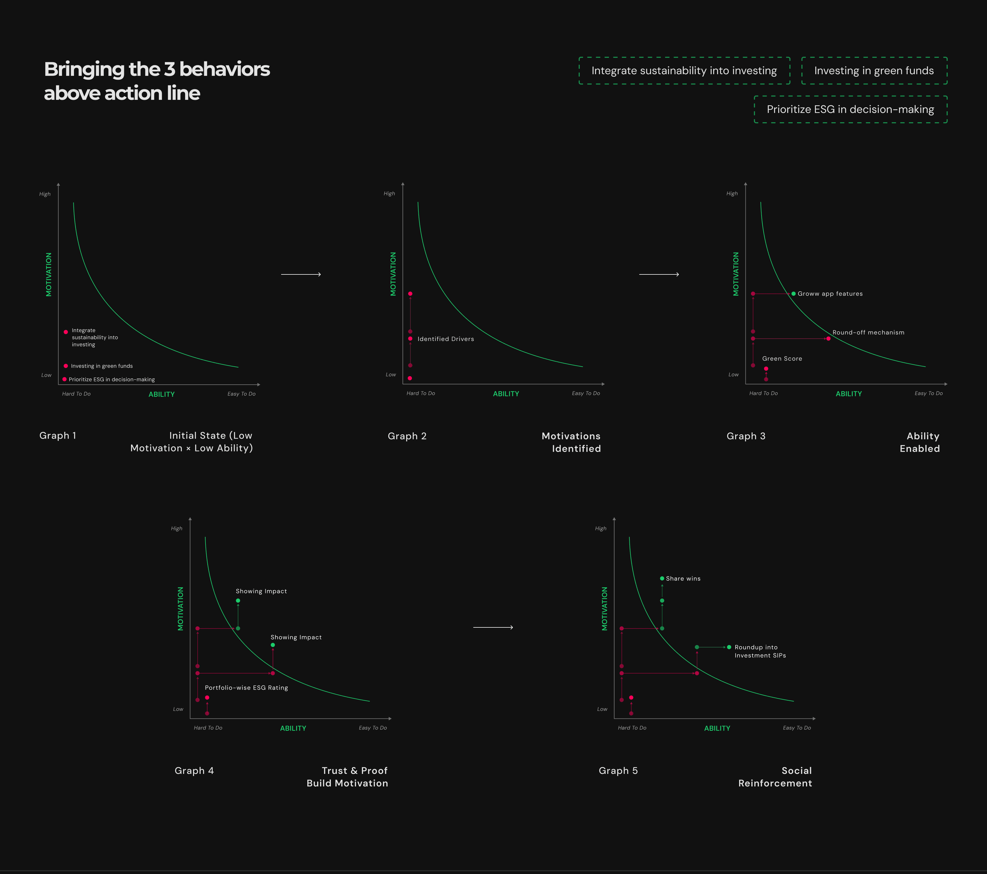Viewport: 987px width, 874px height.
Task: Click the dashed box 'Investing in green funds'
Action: click(874, 71)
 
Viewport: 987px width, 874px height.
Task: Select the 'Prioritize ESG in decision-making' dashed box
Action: click(850, 110)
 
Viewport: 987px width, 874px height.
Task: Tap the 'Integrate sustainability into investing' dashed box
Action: click(684, 71)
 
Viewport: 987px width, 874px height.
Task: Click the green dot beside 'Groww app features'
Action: click(793, 294)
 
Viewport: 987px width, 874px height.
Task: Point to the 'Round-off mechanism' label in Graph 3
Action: click(868, 333)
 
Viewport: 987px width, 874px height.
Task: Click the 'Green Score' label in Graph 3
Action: click(782, 359)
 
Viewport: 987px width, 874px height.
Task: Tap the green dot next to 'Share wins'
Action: click(662, 578)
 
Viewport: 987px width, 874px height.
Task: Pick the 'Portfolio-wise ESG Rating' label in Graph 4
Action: click(246, 688)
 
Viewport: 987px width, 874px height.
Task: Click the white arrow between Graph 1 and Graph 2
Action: click(301, 274)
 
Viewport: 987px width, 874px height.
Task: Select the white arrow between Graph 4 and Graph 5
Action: click(493, 627)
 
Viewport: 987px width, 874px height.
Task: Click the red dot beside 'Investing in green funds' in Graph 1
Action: click(66, 366)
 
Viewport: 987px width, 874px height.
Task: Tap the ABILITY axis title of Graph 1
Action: click(161, 394)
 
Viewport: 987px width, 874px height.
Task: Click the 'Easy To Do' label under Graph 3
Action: click(928, 393)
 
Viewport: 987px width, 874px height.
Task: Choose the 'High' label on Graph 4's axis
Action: click(177, 528)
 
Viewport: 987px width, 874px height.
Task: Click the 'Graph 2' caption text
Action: click(407, 436)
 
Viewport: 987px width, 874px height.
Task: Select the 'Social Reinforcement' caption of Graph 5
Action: click(775, 777)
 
